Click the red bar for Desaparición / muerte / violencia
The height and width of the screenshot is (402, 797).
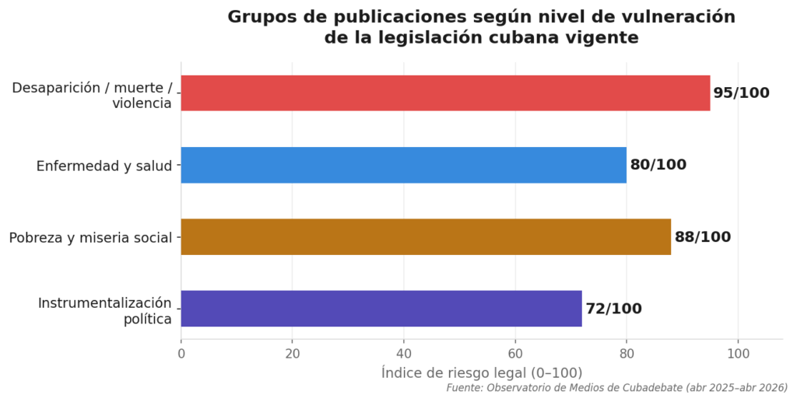click(x=445, y=93)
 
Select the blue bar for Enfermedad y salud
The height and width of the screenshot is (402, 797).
click(x=403, y=165)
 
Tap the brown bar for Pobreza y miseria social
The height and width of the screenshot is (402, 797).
click(x=426, y=237)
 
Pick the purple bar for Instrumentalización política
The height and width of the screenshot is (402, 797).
click(x=381, y=309)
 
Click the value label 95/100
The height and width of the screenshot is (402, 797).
click(x=741, y=93)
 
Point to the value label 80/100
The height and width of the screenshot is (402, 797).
click(x=658, y=165)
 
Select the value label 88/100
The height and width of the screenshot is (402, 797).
click(x=702, y=237)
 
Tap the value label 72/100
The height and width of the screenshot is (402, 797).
click(x=613, y=309)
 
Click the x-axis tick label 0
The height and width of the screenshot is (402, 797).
click(x=181, y=354)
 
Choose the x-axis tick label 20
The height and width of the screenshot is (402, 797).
click(x=293, y=354)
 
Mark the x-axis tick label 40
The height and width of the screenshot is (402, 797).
click(x=404, y=354)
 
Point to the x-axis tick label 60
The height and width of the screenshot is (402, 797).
click(x=515, y=354)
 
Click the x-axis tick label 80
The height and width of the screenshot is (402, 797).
click(x=627, y=354)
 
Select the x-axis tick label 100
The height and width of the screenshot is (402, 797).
click(x=738, y=354)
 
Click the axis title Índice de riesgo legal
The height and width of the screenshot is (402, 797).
click(x=482, y=372)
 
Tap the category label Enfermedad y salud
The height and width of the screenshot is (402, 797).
click(x=104, y=166)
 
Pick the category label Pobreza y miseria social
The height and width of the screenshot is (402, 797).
click(x=90, y=238)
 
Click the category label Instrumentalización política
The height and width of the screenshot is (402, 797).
click(x=104, y=309)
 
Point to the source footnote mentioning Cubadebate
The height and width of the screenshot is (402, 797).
click(x=616, y=387)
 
